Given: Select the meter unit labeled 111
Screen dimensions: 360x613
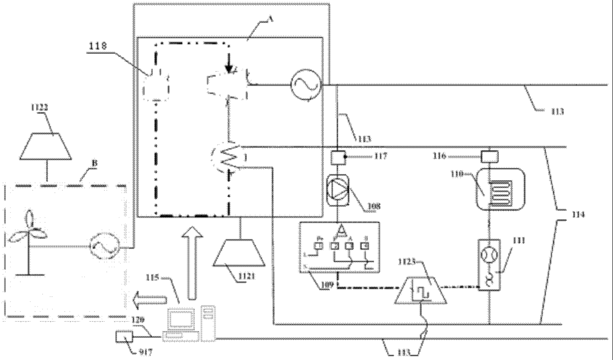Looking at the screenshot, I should tap(489, 266).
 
